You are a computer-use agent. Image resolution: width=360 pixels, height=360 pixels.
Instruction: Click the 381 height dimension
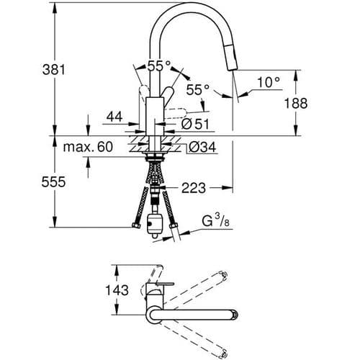55,70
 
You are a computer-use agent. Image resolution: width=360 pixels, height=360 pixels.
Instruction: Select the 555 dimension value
55,182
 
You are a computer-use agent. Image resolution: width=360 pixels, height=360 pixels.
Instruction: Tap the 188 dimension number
296,104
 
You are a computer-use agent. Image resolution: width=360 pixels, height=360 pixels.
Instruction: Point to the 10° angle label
268,83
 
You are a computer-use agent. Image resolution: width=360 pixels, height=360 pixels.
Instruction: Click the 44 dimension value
114,116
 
